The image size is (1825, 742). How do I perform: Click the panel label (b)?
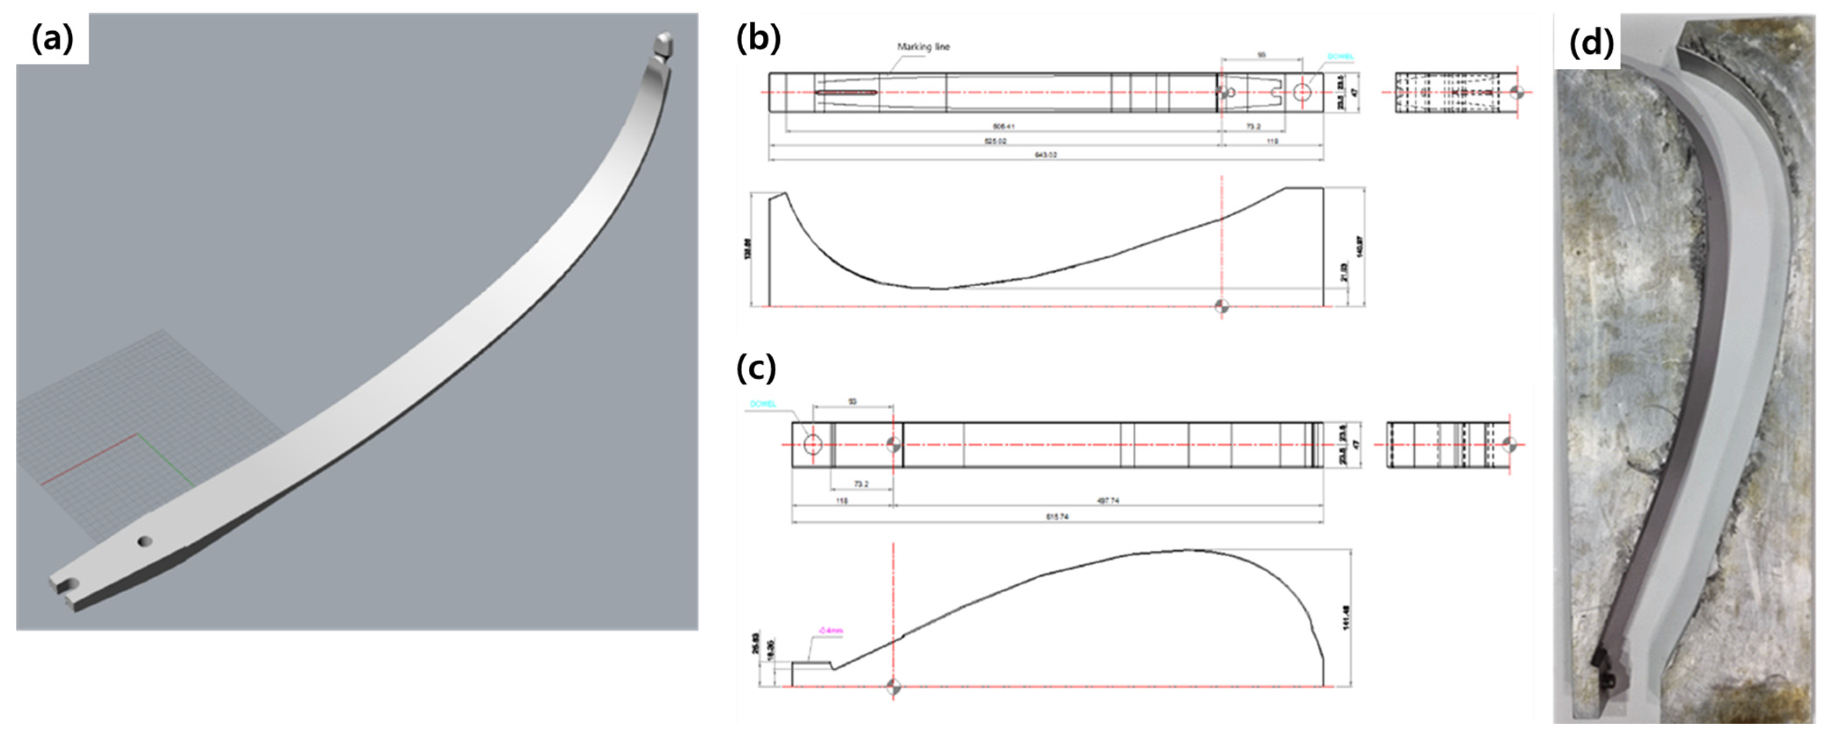click(x=758, y=39)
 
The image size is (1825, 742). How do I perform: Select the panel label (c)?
click(x=756, y=368)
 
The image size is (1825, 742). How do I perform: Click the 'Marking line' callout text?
click(x=923, y=47)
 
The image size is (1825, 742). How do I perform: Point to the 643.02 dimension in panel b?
click(x=1046, y=155)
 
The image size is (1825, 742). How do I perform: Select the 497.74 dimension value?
click(x=1107, y=500)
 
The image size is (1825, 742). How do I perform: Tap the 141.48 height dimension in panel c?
click(x=1346, y=617)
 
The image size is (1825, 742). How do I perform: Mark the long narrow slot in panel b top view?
click(x=847, y=92)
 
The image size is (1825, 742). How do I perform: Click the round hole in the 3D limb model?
click(x=144, y=542)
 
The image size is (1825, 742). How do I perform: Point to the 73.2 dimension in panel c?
click(x=861, y=484)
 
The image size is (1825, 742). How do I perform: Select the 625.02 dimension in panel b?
click(x=995, y=141)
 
